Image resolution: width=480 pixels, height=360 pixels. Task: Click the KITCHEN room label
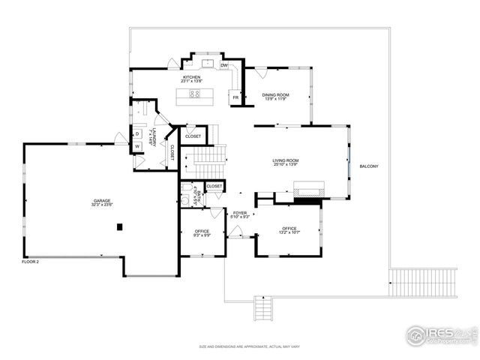190,79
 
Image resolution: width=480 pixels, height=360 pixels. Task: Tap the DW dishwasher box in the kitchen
224,66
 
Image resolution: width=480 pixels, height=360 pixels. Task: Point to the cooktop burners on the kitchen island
194,94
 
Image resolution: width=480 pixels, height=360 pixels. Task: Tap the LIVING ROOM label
285,161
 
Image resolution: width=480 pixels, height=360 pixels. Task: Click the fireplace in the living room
307,191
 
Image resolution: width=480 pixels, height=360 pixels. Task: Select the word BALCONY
369,166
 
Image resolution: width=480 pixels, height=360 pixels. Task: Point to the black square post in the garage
119,226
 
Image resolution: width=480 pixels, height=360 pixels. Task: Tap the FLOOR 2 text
31,261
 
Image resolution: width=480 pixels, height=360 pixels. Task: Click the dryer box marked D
137,134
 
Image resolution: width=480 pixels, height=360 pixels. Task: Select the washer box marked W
137,146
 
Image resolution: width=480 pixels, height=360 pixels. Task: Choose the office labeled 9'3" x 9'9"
202,233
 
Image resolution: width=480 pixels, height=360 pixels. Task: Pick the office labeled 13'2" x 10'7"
289,230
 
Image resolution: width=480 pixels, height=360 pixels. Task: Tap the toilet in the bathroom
184,200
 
